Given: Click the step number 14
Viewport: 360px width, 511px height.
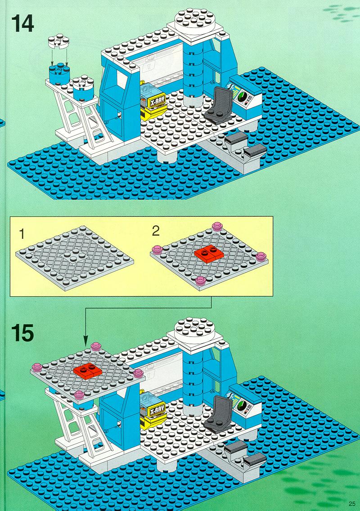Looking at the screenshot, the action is click(x=22, y=24).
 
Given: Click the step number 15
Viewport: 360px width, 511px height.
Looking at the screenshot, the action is click(x=22, y=333).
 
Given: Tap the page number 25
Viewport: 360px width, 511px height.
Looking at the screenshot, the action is click(x=351, y=503).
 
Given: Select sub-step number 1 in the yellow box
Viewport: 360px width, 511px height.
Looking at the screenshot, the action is click(x=22, y=233).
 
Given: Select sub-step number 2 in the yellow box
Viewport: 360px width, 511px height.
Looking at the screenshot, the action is click(x=156, y=231).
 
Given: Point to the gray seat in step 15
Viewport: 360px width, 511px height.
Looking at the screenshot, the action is click(x=219, y=414).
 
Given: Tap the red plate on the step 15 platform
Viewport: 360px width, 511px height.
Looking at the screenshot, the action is click(x=88, y=372).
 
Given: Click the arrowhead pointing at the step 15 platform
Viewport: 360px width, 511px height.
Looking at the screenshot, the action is click(x=86, y=343).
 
